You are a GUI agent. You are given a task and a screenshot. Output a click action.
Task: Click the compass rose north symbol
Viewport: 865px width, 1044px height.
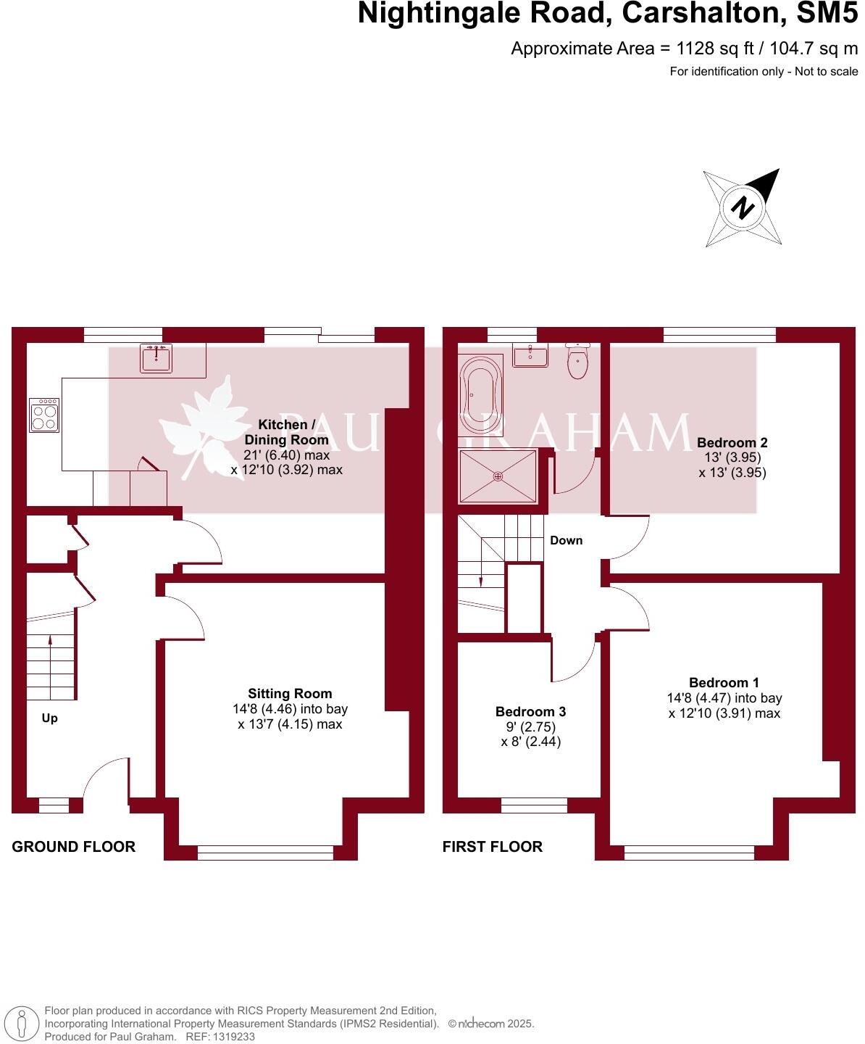tap(742, 207)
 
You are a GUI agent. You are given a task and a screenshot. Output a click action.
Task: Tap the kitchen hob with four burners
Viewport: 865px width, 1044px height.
tap(44, 415)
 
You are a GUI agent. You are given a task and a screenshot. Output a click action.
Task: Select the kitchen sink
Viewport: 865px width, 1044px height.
tap(156, 357)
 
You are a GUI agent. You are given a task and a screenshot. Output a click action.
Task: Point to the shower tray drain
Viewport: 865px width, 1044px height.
tap(498, 476)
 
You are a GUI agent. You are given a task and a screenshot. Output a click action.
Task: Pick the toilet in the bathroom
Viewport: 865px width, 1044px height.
tap(578, 361)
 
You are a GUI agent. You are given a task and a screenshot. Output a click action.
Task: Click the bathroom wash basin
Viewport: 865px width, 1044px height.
tap(530, 355)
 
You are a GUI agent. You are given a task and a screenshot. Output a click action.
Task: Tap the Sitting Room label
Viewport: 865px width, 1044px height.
tap(290, 694)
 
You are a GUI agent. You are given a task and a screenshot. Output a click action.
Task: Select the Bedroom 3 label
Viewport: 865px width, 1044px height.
tap(530, 712)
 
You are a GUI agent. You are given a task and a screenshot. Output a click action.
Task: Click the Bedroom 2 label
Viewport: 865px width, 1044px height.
tap(732, 442)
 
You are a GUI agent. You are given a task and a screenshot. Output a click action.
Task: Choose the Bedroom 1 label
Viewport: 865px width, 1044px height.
tap(724, 682)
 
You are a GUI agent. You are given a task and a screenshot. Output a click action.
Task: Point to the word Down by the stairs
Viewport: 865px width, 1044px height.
tap(566, 540)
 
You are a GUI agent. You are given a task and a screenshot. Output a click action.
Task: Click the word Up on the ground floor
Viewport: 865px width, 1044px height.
tap(49, 718)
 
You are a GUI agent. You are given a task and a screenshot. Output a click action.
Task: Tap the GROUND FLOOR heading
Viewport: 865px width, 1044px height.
tap(73, 846)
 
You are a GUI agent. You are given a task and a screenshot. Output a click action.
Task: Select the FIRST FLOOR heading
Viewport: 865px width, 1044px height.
tap(492, 846)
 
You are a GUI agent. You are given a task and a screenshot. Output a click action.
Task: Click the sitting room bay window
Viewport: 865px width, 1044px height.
tap(265, 853)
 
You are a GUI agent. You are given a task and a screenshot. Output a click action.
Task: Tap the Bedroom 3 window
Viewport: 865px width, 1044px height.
tap(534, 805)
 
